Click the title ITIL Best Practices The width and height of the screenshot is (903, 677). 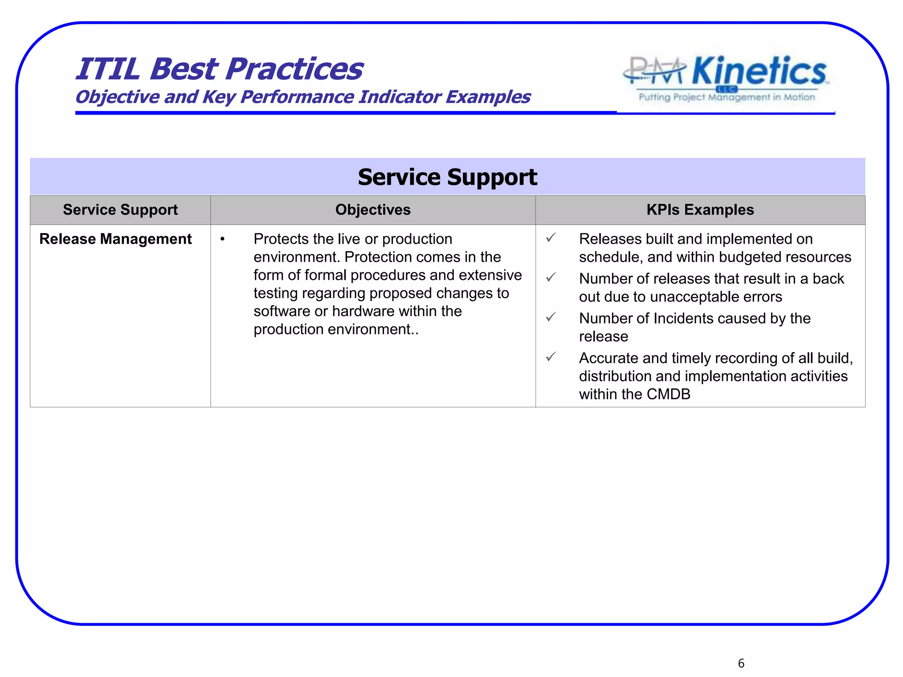coord(219,69)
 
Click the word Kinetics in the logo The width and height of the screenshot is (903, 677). coord(759,71)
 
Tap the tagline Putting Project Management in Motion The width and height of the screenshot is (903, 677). coord(727,97)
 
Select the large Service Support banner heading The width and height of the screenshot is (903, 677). coord(447,177)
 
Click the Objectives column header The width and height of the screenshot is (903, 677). coord(373,210)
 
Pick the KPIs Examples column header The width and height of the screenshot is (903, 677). coord(700,210)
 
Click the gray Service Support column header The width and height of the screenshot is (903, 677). coord(120,210)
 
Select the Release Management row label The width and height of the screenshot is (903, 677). coord(115,239)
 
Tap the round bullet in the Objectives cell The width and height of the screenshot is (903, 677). coord(223,239)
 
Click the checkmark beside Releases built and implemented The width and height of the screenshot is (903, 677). coord(551,238)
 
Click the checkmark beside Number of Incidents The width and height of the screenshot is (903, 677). coord(551,317)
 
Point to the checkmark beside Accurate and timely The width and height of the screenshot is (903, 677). coord(551,357)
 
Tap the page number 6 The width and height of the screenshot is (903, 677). coord(741,663)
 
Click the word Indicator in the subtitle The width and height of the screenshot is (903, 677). coord(399,97)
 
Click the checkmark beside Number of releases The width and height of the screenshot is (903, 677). coord(551,278)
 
